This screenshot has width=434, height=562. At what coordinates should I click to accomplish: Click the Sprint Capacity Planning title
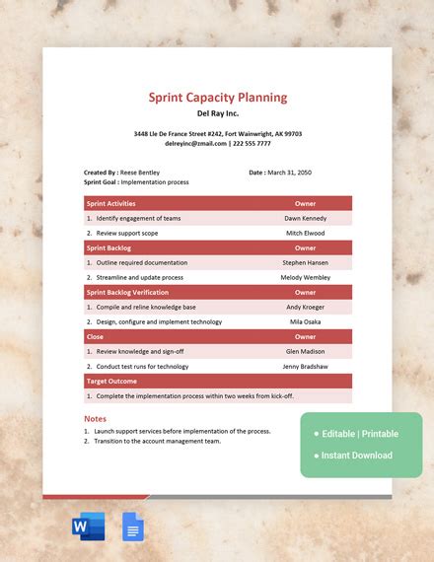click(x=218, y=97)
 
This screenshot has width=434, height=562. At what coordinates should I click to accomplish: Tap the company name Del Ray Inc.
click(x=218, y=112)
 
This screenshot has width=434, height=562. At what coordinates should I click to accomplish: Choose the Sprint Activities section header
click(x=111, y=203)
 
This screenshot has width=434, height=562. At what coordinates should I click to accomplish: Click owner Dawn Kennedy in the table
click(x=305, y=218)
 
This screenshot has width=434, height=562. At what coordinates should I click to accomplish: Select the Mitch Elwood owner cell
click(x=305, y=233)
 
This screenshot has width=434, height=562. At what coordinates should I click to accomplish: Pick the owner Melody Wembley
click(x=305, y=277)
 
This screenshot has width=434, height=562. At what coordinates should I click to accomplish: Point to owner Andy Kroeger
click(x=305, y=307)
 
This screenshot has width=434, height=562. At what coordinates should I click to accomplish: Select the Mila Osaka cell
click(x=305, y=321)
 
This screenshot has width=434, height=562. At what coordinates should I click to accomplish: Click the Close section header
click(x=96, y=336)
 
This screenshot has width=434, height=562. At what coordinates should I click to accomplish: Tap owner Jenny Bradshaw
click(x=305, y=366)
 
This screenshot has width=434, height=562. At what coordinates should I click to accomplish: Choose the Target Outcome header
click(x=111, y=381)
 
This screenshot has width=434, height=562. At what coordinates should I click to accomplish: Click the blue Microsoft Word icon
click(x=88, y=527)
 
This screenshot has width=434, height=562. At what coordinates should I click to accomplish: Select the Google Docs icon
click(x=132, y=527)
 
